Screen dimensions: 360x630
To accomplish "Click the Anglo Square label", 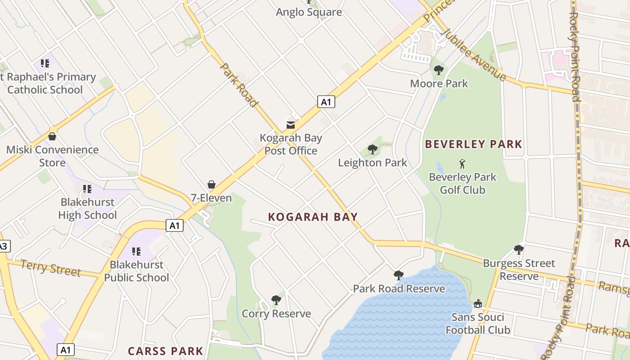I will pos(309,12).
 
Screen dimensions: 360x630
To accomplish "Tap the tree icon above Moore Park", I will pos(439,70).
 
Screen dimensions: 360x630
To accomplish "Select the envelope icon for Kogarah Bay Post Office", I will pos(291,125).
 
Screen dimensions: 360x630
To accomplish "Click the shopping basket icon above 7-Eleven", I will pos(211,184).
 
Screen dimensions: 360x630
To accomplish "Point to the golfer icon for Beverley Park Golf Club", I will pos(462,164).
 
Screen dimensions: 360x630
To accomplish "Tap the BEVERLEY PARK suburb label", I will pos(473,144).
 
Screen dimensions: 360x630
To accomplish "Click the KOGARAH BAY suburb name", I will pos(313,217).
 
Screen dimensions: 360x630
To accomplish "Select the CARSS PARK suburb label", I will pos(166,351).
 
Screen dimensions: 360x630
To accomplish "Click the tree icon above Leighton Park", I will pos(372,149).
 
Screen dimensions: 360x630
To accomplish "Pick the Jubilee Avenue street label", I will pos(473,54).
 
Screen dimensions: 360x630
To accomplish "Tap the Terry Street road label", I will pos(50,268).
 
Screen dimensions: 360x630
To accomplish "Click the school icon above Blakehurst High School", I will pos(87,189).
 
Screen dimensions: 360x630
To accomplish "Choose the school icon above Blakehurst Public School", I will pos(136,251).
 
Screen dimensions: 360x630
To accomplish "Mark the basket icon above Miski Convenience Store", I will pos(52,136).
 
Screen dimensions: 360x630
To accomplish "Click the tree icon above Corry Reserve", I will pos(276,300).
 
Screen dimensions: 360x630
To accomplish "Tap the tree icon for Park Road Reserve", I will pos(398,275).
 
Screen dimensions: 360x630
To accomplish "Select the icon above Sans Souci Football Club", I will pos(477,304).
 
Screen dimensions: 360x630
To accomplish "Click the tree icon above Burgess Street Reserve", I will pos(519,250).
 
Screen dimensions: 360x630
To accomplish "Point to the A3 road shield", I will pos(3,246).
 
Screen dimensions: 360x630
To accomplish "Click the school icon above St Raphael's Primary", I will pos(45,63).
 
